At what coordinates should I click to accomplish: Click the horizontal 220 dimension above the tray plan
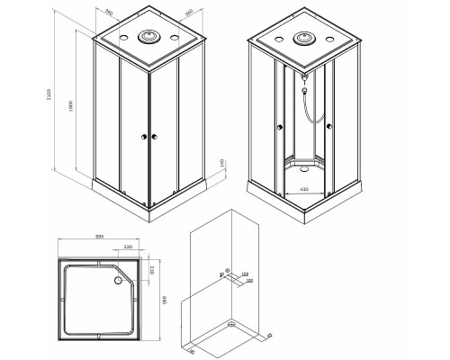[x=128, y=247]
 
